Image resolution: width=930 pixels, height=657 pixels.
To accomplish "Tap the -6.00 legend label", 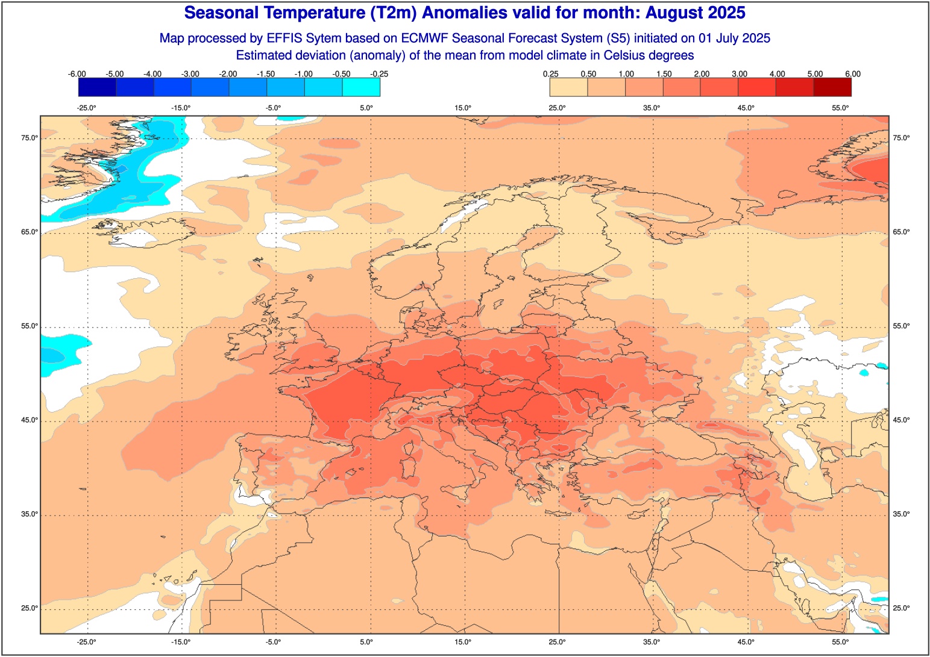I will [77, 74].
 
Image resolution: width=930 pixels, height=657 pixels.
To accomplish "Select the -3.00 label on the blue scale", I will [190, 74].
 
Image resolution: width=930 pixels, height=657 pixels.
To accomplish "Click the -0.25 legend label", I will [379, 74].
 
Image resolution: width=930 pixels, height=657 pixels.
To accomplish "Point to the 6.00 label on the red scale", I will [852, 74].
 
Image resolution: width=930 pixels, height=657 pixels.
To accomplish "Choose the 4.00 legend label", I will [777, 74].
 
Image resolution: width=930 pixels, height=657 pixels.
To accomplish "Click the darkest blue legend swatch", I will [97, 87].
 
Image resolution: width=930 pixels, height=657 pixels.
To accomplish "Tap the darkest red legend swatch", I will [832, 87].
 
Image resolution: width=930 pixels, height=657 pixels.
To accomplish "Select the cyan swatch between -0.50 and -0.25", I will [361, 87].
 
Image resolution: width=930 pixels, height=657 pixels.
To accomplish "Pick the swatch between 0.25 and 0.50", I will [568, 87].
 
